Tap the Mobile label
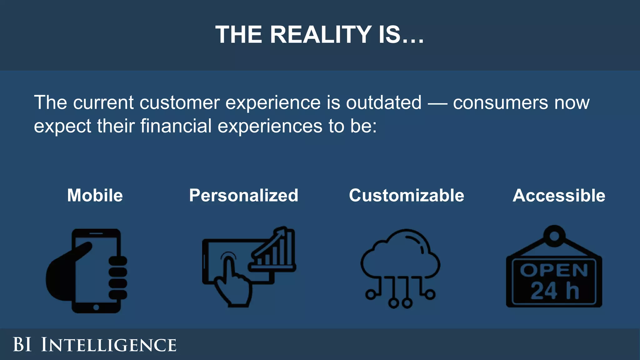(95, 196)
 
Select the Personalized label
(244, 196)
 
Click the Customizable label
(407, 196)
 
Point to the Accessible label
(559, 196)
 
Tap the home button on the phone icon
(96, 307)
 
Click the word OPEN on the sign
(554, 270)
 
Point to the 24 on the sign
(544, 291)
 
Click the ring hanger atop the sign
(554, 236)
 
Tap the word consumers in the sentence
(500, 102)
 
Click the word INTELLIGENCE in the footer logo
(109, 345)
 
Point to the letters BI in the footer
(22, 345)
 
